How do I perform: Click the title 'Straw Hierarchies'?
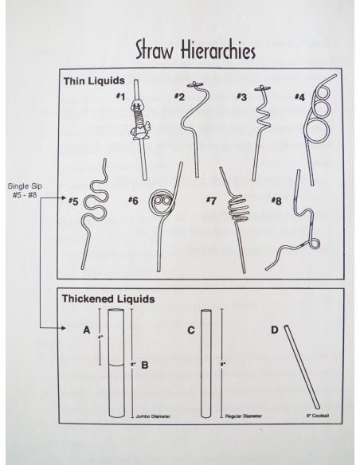194,50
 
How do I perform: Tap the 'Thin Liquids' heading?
95,81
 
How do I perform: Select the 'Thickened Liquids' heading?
108,299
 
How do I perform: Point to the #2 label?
179,97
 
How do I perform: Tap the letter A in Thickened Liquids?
85,329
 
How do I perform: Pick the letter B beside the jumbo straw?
144,368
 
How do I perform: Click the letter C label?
191,329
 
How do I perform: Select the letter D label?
274,329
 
